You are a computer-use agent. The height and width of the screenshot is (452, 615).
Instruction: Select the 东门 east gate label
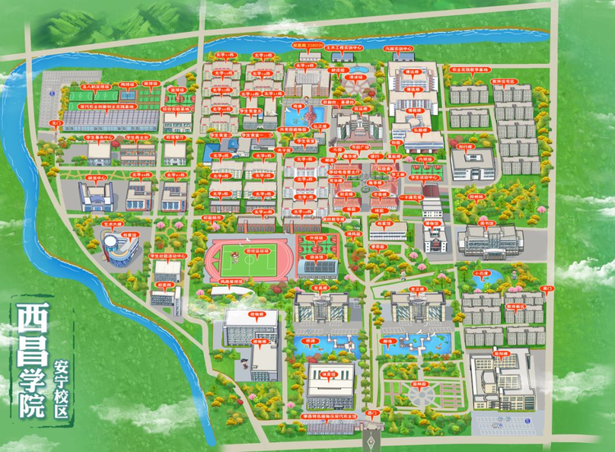tap(549, 288)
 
